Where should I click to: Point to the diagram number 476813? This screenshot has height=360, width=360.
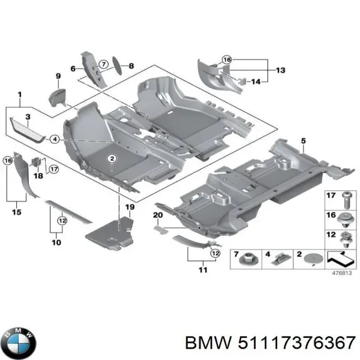[x=342, y=273]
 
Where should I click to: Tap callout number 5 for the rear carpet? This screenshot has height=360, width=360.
[x=303, y=141]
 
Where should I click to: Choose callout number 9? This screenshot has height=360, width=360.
[x=58, y=76]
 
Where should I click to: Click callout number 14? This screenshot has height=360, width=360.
[x=256, y=81]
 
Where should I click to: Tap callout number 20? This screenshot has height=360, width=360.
[x=158, y=215]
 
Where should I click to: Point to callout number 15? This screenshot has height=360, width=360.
[x=16, y=212]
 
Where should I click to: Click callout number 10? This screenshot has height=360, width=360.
[x=56, y=242]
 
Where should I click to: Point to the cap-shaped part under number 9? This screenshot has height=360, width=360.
[x=59, y=96]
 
